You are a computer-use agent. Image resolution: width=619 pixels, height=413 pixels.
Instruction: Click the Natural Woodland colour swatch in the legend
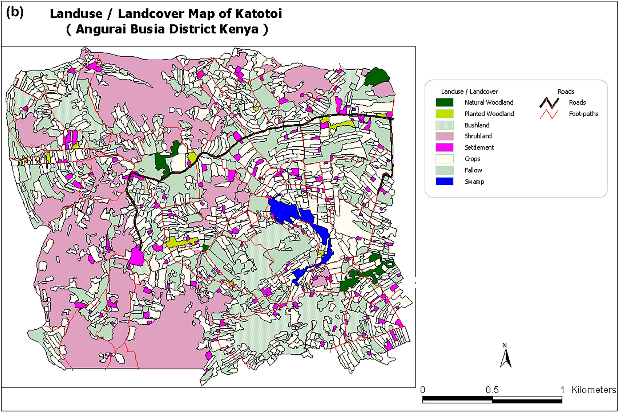point(444,102)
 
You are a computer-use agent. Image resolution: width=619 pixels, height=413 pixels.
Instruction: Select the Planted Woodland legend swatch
point(444,114)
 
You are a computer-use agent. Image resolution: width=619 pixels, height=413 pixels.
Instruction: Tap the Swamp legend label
point(474,182)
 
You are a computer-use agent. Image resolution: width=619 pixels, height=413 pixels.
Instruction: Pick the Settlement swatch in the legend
point(444,147)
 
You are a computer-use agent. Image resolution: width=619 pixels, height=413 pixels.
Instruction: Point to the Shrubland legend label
point(478,136)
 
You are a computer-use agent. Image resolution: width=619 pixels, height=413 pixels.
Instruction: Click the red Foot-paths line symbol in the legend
point(549,114)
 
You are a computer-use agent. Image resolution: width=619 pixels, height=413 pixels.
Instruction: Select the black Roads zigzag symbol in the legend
point(549,102)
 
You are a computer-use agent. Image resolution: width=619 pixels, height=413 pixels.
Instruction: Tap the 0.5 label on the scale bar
point(492,390)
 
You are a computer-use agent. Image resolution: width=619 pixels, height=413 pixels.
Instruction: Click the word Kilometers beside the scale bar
point(593,390)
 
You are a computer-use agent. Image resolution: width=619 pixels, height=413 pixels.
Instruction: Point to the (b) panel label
point(15,12)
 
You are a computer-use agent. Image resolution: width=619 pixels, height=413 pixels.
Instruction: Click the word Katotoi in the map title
point(258,14)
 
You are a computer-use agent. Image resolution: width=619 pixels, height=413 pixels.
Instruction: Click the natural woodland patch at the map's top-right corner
point(377,77)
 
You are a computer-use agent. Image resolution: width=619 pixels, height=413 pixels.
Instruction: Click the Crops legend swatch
point(444,159)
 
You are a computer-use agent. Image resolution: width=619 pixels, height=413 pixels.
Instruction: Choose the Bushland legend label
point(477,125)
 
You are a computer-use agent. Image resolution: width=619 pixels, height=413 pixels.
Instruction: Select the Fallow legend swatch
point(444,170)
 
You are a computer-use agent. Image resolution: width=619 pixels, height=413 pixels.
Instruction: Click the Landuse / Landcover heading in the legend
point(469,91)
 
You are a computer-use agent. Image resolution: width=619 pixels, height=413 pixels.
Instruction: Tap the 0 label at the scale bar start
point(423,390)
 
